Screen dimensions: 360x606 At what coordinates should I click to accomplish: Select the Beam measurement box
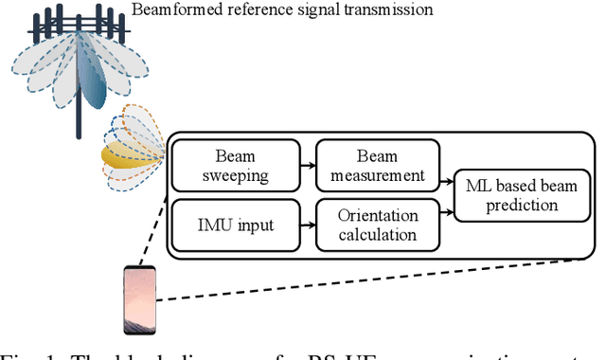tap(378, 166)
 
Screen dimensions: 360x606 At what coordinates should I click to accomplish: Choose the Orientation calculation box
tap(378, 224)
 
